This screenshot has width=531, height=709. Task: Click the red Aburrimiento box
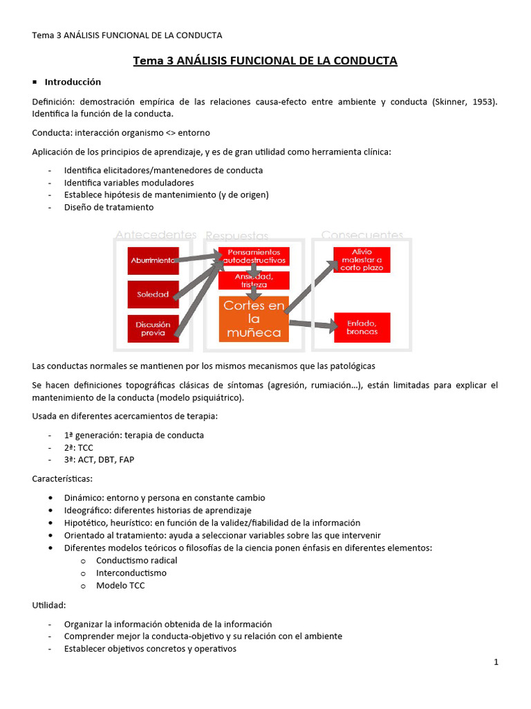point(153,261)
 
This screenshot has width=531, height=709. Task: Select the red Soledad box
point(153,294)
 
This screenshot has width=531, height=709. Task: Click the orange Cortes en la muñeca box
point(254,319)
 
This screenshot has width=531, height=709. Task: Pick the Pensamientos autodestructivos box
point(254,256)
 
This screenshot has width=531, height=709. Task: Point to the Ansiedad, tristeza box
point(254,280)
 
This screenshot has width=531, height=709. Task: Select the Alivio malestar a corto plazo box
point(362,260)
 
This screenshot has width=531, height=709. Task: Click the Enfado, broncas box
point(362,327)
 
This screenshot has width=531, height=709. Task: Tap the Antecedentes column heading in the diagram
point(156,235)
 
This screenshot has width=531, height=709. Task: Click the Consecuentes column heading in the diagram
point(362,235)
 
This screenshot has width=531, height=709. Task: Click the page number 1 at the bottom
point(496,662)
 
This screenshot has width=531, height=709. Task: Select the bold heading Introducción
point(73,82)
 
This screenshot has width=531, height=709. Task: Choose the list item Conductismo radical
point(136,560)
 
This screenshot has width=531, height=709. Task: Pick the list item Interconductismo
point(131,573)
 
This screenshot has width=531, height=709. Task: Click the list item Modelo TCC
point(120,585)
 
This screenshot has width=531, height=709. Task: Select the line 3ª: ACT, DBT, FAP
point(99,460)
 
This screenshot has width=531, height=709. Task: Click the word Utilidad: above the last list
point(49,605)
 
